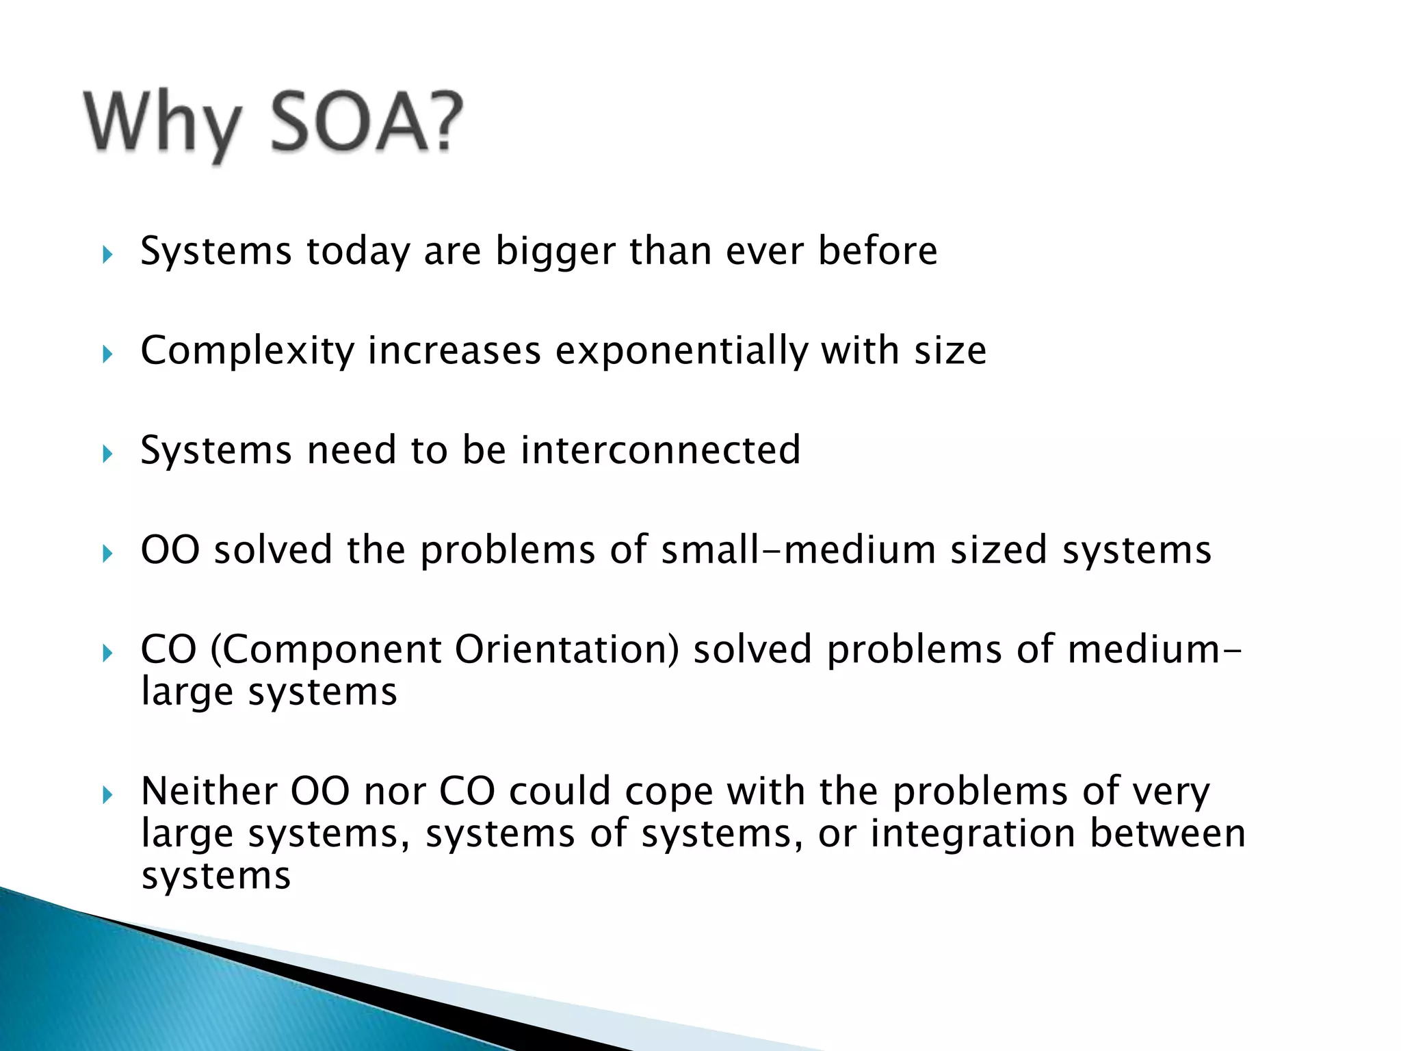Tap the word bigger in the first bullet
[555, 251]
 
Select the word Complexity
[247, 352]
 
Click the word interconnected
[659, 450]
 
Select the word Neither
[208, 791]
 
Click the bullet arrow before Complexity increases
[107, 354]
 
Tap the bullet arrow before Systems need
[107, 454]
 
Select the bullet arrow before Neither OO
[107, 795]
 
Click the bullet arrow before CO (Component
[107, 653]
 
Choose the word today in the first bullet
[357, 251]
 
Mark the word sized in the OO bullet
[998, 549]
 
